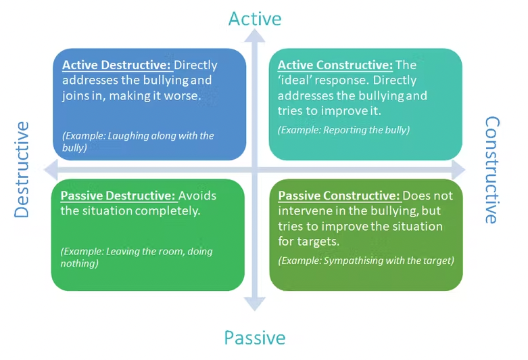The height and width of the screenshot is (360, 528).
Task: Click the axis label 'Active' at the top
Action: coord(254,18)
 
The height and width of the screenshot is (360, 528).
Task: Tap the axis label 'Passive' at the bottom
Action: coord(254,337)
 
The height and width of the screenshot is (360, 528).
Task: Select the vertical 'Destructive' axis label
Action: coord(22,169)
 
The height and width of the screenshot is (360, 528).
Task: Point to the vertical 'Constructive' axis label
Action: coord(493,170)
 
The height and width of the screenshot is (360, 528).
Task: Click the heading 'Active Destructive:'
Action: coord(117,66)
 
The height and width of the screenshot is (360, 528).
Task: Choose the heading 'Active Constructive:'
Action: coord(335,66)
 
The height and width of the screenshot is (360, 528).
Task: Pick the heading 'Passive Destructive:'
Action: coord(118,196)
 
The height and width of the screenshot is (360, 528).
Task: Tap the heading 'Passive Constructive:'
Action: coord(339,196)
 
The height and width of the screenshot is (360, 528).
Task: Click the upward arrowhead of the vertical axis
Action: coord(254,39)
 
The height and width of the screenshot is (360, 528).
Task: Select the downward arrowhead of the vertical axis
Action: coord(254,305)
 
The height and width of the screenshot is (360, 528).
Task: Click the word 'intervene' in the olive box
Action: coord(302,211)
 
